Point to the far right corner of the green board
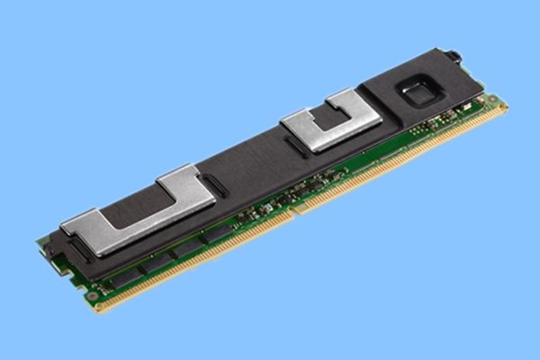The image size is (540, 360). tap(504, 105)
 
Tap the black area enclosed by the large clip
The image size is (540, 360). tap(135, 209)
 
